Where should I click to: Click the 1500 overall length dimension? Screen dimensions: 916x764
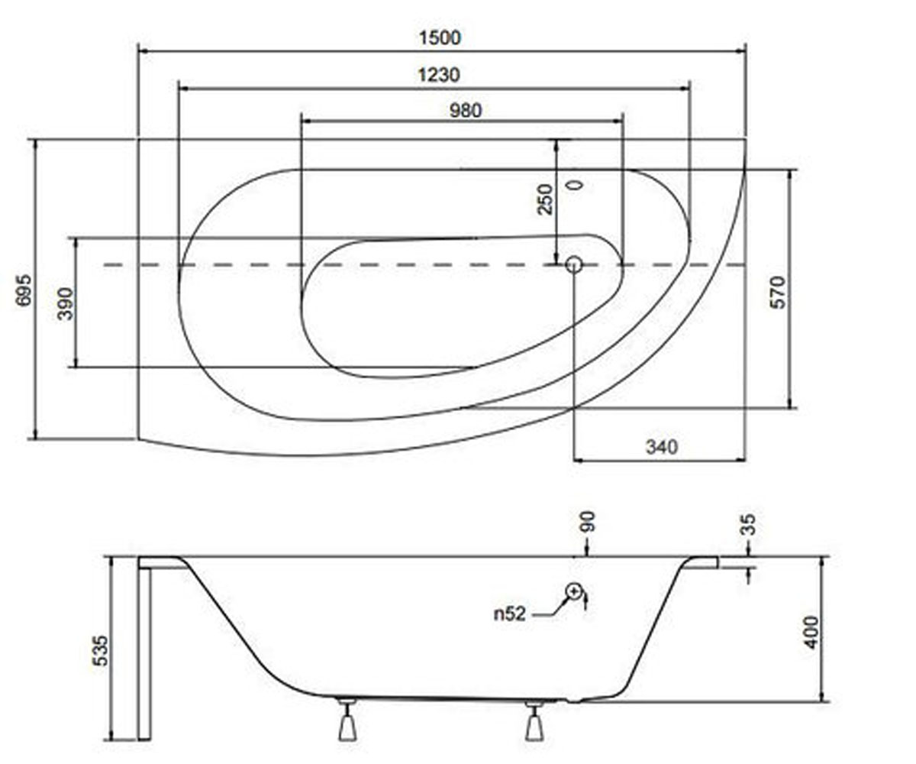coord(440,37)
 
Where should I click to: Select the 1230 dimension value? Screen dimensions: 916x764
coord(439,75)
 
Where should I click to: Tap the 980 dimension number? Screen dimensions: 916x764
coord(466,111)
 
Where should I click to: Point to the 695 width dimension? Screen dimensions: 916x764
coord(24,290)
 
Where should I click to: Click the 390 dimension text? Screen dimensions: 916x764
coord(66,304)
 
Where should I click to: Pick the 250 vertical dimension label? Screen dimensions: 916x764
coord(545,199)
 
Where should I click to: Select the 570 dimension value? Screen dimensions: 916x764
coord(778,293)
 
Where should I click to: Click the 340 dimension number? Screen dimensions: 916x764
coord(662,447)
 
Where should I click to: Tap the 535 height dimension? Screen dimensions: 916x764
coord(101,651)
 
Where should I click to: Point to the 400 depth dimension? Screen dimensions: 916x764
coord(811,633)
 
